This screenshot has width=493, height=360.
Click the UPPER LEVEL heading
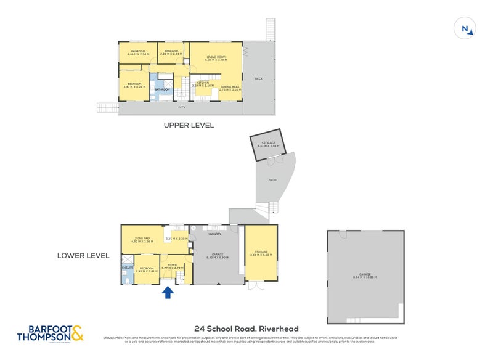[x=189, y=125]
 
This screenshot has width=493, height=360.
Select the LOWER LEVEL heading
[x=84, y=255]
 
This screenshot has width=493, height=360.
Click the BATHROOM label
[x=162, y=89]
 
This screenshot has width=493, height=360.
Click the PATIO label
[x=272, y=180]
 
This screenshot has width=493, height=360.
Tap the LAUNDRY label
[x=214, y=234]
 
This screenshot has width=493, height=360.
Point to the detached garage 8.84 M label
[x=364, y=277]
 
